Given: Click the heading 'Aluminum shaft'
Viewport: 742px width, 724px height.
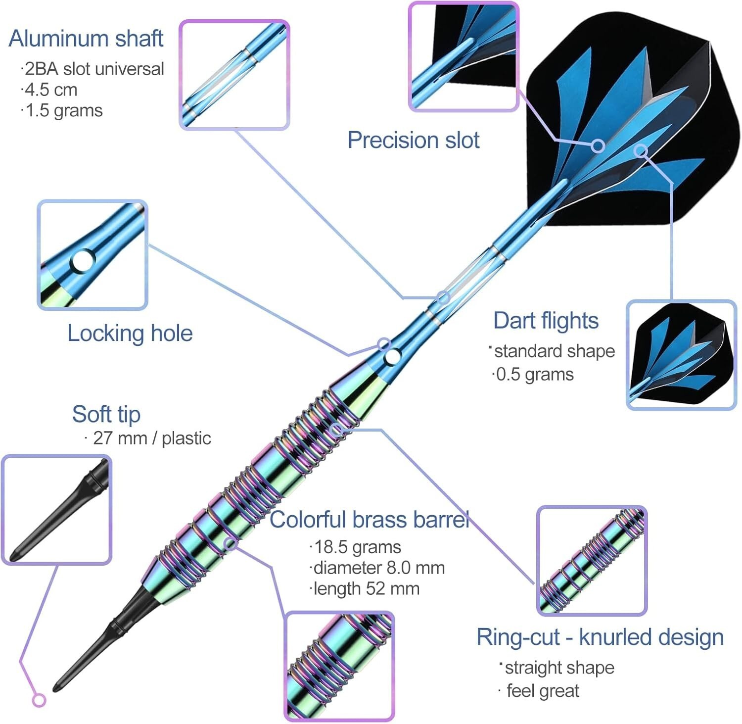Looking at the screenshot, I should tap(86, 39).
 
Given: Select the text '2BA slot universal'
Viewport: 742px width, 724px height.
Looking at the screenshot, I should tap(93, 69).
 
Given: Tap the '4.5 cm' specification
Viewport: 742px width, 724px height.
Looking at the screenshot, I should tap(50, 90).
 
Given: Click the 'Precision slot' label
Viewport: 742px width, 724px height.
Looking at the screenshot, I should tap(413, 140).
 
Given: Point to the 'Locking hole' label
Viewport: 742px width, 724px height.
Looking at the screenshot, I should tap(130, 333).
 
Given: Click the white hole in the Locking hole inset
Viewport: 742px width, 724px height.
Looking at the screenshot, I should tap(83, 261).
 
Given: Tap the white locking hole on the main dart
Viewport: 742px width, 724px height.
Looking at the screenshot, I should tap(393, 356).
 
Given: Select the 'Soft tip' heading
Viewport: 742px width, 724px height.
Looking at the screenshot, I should tap(106, 414).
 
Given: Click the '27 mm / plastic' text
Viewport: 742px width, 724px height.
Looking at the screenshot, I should tap(151, 438).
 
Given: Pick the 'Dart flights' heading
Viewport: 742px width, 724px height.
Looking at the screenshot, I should tap(546, 321).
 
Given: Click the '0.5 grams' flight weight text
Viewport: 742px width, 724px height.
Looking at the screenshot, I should tap(534, 374).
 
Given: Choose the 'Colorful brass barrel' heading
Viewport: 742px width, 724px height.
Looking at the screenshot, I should tap(369, 520).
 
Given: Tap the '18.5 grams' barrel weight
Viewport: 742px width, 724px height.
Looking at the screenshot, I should tap(357, 547).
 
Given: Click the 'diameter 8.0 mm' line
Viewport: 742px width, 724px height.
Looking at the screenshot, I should tap(378, 568).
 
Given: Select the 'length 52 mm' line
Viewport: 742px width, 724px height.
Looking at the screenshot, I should tap(366, 588).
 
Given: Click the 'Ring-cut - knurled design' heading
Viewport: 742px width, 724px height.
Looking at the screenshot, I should tap(600, 637).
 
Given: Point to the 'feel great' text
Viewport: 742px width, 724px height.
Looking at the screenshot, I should tap(542, 690).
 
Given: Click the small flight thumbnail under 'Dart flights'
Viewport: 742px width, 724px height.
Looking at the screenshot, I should tap(681, 355).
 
